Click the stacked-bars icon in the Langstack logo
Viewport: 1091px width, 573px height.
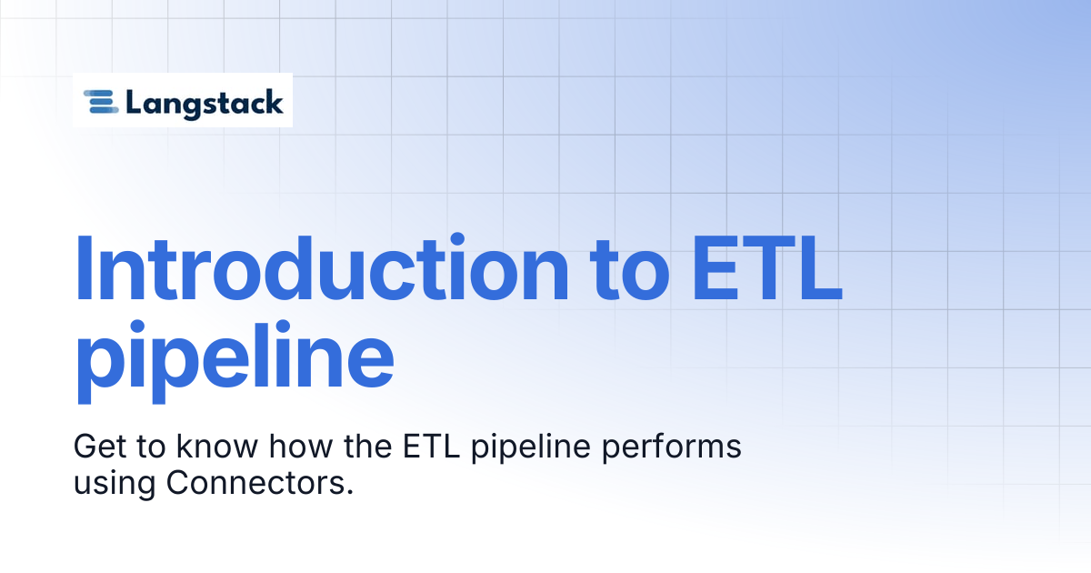(x=101, y=102)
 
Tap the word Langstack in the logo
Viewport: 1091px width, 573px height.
(x=205, y=104)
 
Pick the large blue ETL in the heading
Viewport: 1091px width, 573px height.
(x=766, y=268)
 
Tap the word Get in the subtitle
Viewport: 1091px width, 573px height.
(x=100, y=447)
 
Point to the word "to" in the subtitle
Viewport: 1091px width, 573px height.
(x=151, y=447)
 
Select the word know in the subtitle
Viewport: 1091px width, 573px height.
(x=217, y=446)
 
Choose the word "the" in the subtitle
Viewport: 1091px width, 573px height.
(x=368, y=446)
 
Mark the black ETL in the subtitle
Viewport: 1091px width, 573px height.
(x=432, y=446)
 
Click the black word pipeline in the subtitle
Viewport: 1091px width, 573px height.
(x=531, y=448)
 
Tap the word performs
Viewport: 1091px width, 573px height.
(x=672, y=448)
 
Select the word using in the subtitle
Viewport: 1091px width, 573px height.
(x=115, y=485)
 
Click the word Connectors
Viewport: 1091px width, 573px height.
(x=255, y=483)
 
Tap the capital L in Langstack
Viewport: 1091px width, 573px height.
(x=135, y=102)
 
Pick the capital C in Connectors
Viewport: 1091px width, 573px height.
(x=179, y=483)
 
